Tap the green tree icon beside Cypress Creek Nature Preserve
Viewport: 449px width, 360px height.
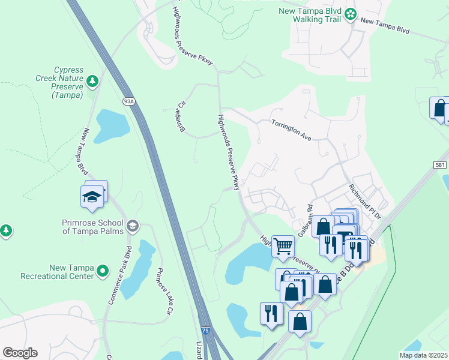[x=92, y=80]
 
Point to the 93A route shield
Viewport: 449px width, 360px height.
[x=128, y=101]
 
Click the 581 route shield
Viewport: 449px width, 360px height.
[x=440, y=164]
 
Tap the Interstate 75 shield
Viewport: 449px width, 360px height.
[x=205, y=331]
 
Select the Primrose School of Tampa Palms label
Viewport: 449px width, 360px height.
[x=93, y=227]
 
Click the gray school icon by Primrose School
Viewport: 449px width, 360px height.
[x=133, y=226]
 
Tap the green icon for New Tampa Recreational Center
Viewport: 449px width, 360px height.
[x=102, y=272]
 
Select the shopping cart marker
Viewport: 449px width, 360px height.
[x=283, y=245]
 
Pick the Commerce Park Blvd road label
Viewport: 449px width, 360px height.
[x=119, y=274]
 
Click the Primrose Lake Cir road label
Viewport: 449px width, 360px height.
[x=163, y=290]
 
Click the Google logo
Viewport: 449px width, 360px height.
[x=20, y=353]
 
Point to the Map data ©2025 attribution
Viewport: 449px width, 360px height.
[x=423, y=355]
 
